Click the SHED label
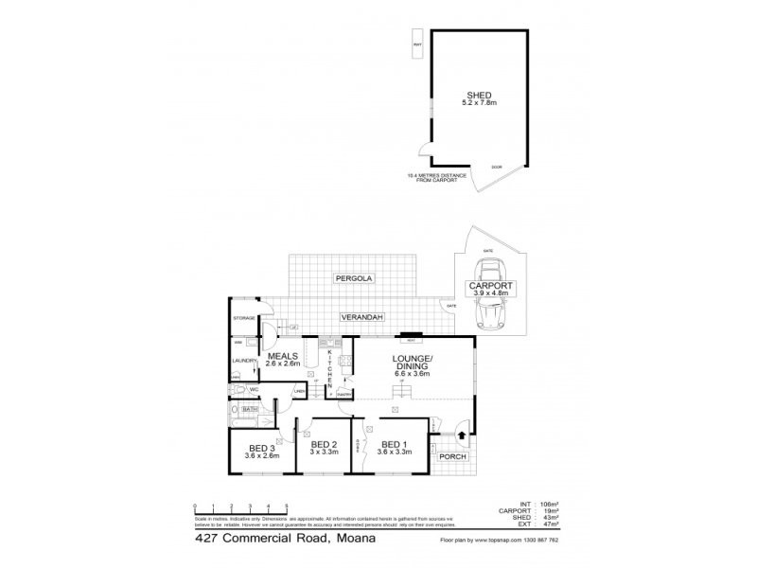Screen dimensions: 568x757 tap(478, 95)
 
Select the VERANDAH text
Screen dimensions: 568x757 tap(357, 320)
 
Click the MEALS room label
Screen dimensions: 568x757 tap(282, 355)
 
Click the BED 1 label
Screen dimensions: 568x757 tap(393, 445)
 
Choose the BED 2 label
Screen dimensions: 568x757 tap(325, 445)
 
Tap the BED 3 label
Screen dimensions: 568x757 tap(262, 449)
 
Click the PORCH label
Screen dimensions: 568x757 tap(453, 456)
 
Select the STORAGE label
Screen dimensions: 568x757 tap(244, 318)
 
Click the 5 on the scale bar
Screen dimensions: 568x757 tap(286, 506)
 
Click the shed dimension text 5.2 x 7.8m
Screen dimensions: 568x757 tap(478, 103)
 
